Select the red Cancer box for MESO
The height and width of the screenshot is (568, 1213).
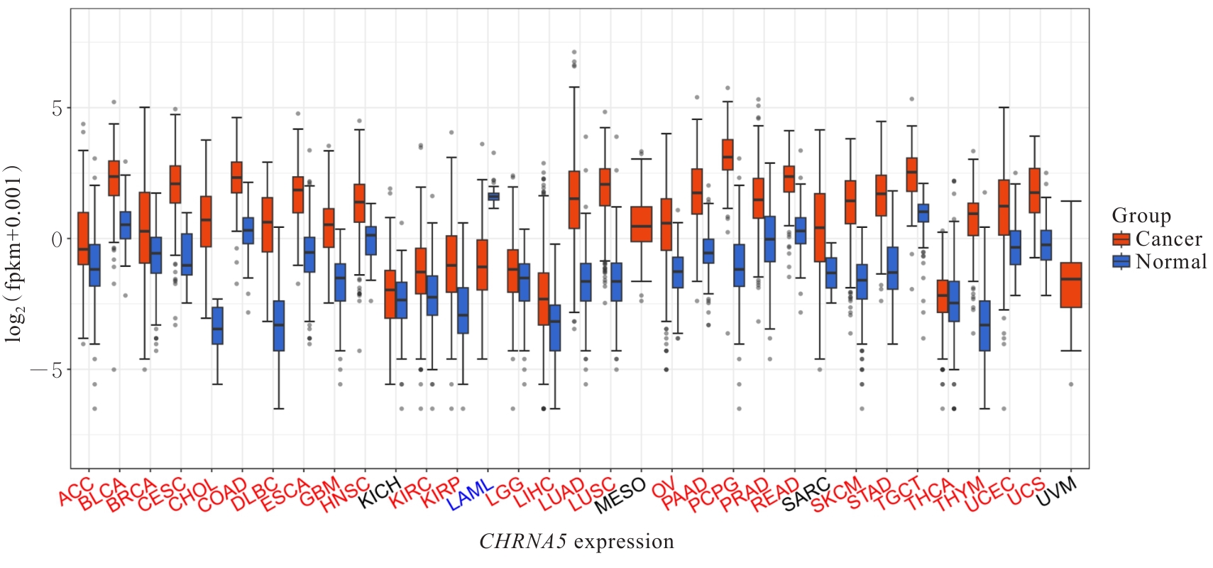coord(641,224)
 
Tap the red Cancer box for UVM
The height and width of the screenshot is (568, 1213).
coord(1070,285)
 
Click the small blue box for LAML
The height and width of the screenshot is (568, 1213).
coord(493,196)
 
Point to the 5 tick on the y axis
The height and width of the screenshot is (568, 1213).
coord(57,109)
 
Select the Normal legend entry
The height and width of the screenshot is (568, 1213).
coord(1159,261)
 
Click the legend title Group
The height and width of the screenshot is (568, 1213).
coord(1141,215)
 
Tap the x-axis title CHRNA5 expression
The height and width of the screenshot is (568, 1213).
coord(576,542)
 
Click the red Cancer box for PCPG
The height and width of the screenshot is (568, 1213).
coord(728,155)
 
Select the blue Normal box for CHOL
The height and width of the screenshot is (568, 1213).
coord(217,326)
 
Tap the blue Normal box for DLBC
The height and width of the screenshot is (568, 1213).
coord(279,325)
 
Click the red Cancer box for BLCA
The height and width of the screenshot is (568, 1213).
coord(114,178)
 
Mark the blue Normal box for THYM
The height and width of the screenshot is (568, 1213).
coord(984,326)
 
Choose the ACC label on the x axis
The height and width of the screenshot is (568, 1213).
coord(76,492)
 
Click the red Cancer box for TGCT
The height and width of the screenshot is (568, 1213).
coord(912,175)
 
